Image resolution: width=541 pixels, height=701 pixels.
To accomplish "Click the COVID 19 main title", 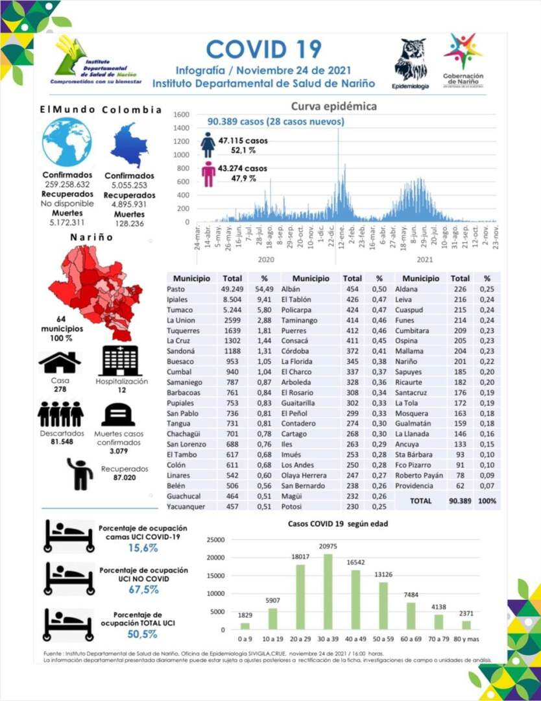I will (x=263, y=49).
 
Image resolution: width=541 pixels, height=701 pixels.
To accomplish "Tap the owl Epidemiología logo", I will (x=410, y=61).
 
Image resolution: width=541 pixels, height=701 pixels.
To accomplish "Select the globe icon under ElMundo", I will (x=67, y=142).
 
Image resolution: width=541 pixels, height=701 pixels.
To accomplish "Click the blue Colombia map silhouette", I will (x=130, y=145).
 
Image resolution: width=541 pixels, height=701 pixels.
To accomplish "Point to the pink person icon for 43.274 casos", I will (x=208, y=174).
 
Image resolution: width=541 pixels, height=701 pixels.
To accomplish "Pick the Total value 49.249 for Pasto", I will (x=232, y=289).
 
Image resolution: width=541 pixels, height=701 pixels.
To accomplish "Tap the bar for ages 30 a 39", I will (x=328, y=591).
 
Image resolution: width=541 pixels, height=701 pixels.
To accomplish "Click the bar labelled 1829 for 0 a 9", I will (x=245, y=626).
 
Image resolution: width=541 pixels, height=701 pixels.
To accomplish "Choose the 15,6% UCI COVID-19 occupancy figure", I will (x=143, y=548).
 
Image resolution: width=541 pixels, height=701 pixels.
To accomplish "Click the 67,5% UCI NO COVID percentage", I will (x=143, y=589).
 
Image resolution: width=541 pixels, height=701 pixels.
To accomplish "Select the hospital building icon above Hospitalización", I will (x=121, y=360).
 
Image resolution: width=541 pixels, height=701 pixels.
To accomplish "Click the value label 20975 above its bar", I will (x=328, y=548).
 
